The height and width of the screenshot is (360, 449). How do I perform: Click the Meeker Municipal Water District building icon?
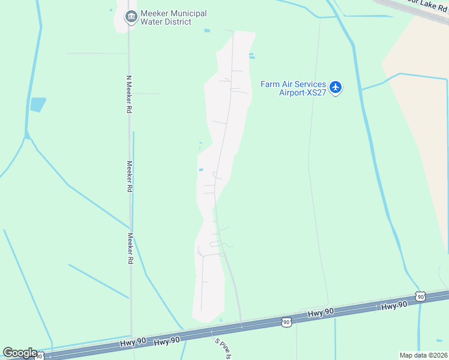[131, 17]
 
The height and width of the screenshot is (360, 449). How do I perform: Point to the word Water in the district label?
[151, 22]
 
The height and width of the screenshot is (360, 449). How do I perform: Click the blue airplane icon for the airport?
[336, 88]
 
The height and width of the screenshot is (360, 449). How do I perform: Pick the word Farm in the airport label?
[270, 84]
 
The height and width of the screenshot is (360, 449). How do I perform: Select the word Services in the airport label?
[303, 84]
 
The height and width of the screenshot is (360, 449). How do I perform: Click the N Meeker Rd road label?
[128, 94]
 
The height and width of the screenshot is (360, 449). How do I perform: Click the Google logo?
[19, 353]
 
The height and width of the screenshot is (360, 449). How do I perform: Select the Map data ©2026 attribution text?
[423, 355]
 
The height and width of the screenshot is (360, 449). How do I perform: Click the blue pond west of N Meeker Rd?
[38, 104]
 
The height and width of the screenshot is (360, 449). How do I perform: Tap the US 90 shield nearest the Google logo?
[39, 356]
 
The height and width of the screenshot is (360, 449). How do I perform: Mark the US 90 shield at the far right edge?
[420, 296]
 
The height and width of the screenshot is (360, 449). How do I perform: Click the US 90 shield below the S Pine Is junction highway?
[286, 323]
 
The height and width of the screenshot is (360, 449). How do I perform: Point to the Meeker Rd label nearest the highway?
[130, 249]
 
